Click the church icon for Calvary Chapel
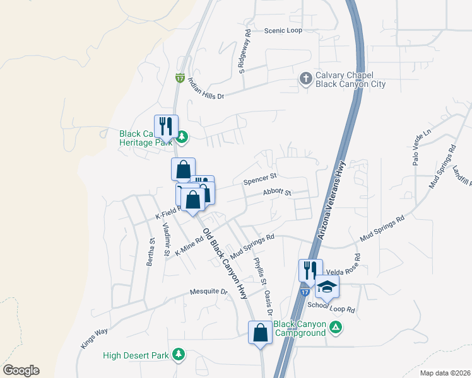click(305, 79)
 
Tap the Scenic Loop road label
click(283, 30)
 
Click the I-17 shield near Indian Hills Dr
click(180, 77)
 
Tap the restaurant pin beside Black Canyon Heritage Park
click(167, 127)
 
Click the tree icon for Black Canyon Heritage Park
click(182, 135)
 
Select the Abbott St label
click(278, 192)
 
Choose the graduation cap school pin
click(327, 287)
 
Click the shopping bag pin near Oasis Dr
click(260, 332)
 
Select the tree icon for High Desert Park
click(179, 355)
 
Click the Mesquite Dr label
click(209, 292)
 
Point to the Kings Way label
click(95, 337)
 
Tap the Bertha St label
click(151, 252)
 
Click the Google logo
click(21, 370)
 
